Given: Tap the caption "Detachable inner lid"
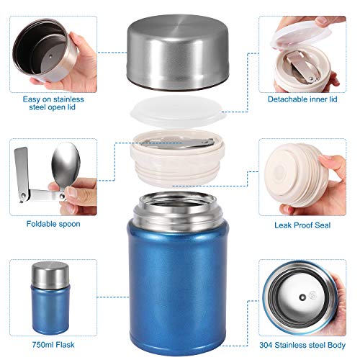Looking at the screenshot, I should point(302,98).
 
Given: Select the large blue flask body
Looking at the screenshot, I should point(177,281).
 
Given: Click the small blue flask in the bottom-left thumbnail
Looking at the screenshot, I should point(50,302).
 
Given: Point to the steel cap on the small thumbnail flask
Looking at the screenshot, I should point(50,276).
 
